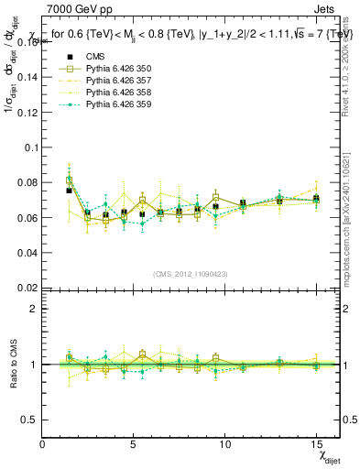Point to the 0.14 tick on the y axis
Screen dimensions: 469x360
click(27, 77)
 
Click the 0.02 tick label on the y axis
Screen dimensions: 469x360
click(27, 287)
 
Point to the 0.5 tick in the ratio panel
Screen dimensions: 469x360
click(30, 420)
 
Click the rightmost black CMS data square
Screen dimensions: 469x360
click(316, 199)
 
